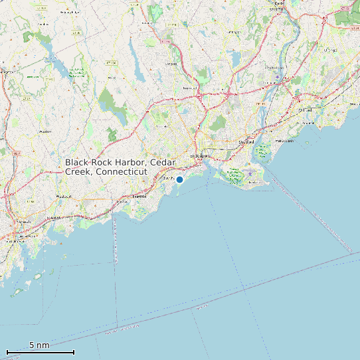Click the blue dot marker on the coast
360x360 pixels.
click(x=179, y=179)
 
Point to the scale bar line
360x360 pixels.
click(x=41, y=352)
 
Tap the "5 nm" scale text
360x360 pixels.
click(x=39, y=345)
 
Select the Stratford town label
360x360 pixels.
click(x=246, y=141)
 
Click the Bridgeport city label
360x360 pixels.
click(x=199, y=156)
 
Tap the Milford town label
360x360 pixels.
click(x=306, y=110)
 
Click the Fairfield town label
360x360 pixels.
click(x=139, y=197)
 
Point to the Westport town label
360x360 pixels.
click(x=64, y=197)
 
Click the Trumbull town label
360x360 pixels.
click(x=190, y=87)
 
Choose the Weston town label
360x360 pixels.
click(x=45, y=132)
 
